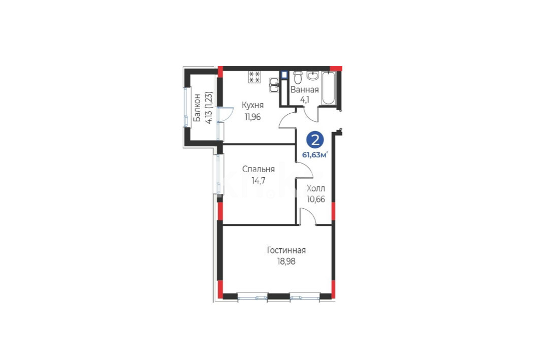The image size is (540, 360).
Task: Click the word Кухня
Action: (x=252, y=105)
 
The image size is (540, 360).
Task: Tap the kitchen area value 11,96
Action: (x=252, y=117)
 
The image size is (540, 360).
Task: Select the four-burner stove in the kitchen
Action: (x=255, y=77)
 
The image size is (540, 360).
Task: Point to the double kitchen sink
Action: (x=274, y=85)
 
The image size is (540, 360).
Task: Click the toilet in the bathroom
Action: (x=298, y=78)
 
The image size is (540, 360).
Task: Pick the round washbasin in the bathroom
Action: (x=313, y=75)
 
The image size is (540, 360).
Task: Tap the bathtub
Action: (x=328, y=88)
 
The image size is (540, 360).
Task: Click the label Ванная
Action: (x=304, y=90)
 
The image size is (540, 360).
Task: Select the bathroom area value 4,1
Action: (x=305, y=100)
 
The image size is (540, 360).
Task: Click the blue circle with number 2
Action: (x=315, y=140)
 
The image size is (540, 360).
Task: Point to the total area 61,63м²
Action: (x=315, y=154)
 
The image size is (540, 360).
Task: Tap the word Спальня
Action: (x=258, y=169)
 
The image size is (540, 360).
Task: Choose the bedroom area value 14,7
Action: (x=258, y=181)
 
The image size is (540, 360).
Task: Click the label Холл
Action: (x=316, y=188)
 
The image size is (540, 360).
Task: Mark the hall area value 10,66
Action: (x=316, y=199)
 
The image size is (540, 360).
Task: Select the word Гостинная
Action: (x=286, y=250)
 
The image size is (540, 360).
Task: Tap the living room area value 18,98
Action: (x=286, y=261)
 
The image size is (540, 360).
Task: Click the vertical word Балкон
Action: (x=197, y=108)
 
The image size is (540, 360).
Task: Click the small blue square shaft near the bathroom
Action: (x=284, y=75)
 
